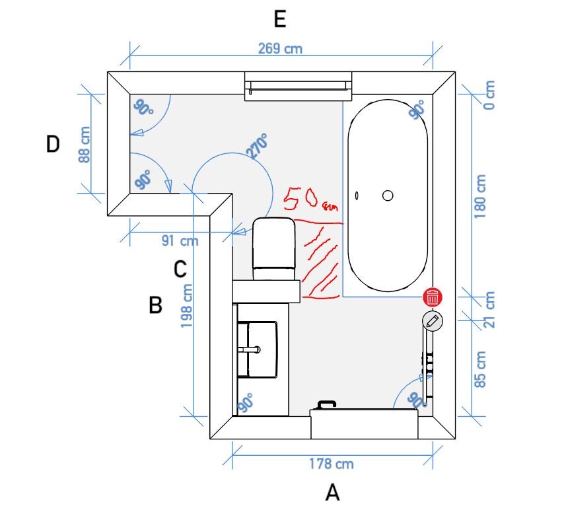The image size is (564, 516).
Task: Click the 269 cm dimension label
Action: point(280,50)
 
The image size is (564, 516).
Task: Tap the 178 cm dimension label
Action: point(330,463)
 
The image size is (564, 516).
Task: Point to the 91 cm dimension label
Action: point(180,240)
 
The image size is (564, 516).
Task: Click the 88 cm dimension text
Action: point(84,145)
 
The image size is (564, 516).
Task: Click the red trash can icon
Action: point(432,297)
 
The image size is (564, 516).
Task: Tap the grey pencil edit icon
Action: point(432,321)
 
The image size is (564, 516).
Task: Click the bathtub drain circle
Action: point(388,196)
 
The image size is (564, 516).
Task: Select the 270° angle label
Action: point(258,146)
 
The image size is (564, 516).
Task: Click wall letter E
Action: point(279,20)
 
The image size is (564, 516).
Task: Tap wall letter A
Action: point(332,493)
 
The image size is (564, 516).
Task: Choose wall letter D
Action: point(53,144)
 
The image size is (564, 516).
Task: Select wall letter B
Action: point(155,305)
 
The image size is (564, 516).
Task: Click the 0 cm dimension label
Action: point(488,96)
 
